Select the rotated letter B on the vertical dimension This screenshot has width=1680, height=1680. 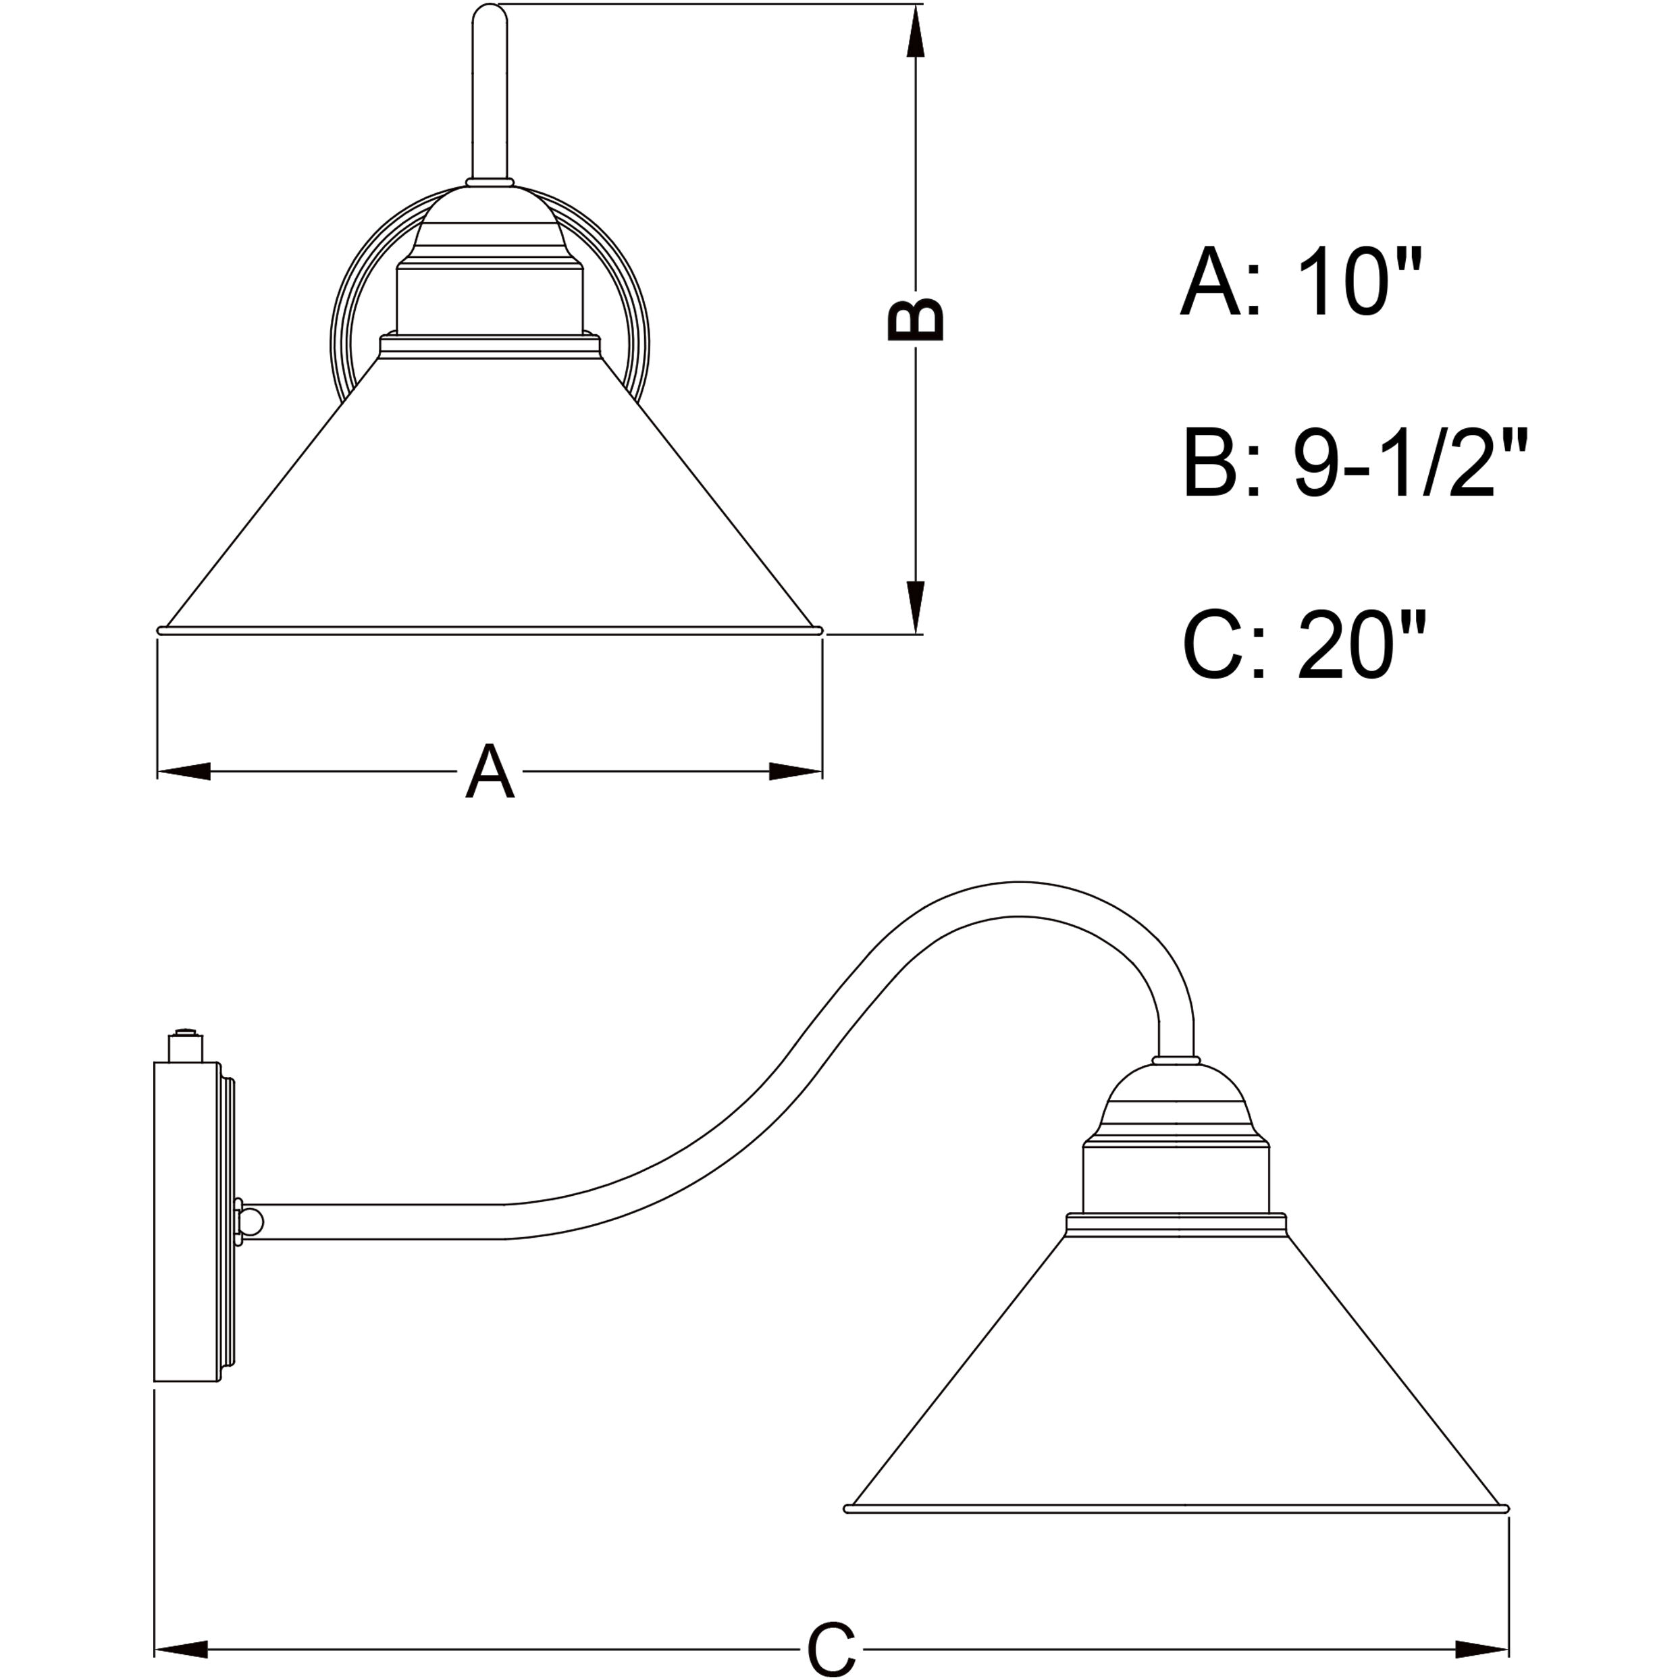tap(915, 319)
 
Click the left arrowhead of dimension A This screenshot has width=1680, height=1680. tap(184, 771)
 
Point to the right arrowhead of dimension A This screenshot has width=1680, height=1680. tap(795, 771)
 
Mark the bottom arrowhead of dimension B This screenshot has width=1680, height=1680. tap(915, 606)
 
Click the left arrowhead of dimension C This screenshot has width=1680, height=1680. tap(181, 1648)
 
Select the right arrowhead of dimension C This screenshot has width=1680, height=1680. tap(1481, 1648)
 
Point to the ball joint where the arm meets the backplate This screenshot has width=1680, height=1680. tap(251, 1222)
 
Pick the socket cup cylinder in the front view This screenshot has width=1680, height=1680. tap(490, 300)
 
